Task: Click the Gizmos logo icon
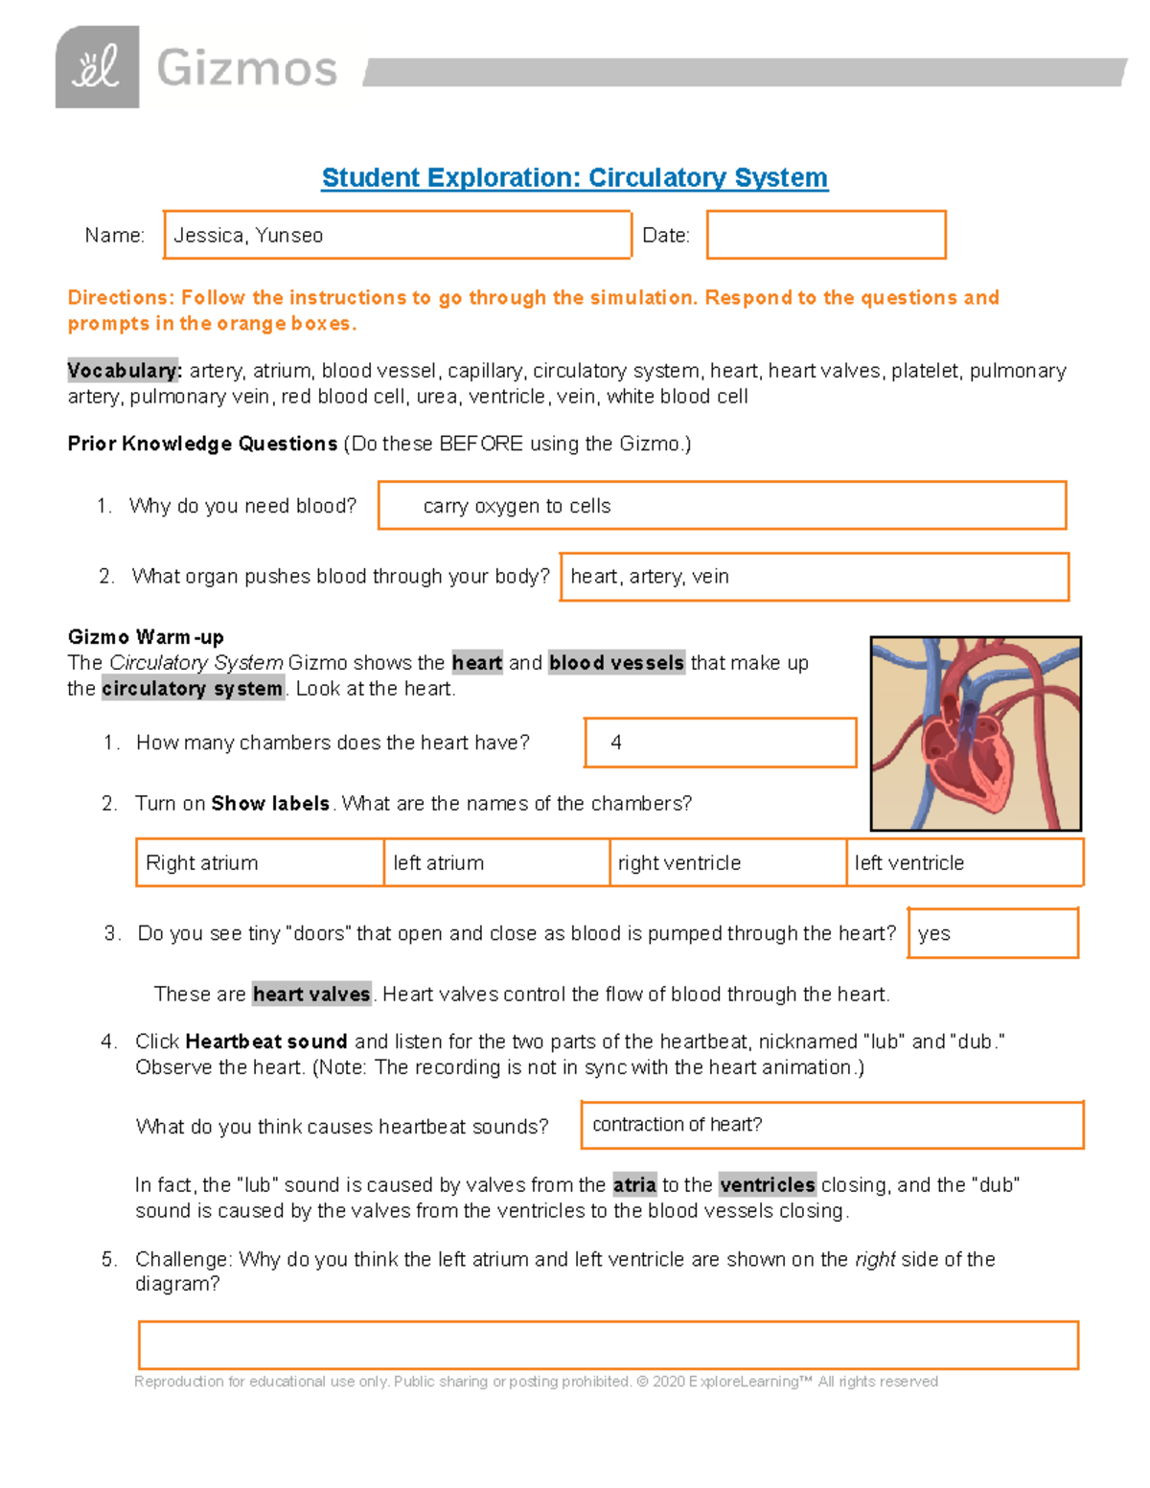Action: [97, 67]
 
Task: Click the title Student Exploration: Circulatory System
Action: [574, 177]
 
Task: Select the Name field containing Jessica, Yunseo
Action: [397, 235]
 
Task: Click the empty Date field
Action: [826, 235]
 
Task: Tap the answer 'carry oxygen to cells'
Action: [722, 506]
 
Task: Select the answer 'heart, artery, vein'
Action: [814, 577]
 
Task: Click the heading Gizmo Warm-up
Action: [146, 637]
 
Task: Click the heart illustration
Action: [976, 734]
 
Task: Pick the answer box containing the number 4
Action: [720, 743]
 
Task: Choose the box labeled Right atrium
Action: [260, 862]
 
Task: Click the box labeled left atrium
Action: [496, 862]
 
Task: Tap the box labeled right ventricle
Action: [727, 862]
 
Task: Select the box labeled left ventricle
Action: [964, 862]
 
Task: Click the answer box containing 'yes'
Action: [992, 933]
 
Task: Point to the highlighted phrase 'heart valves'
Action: [311, 995]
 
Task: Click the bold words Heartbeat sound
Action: [266, 1042]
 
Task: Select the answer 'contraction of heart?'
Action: [831, 1125]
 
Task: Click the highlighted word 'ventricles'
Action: [767, 1185]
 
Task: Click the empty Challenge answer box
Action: [608, 1345]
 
